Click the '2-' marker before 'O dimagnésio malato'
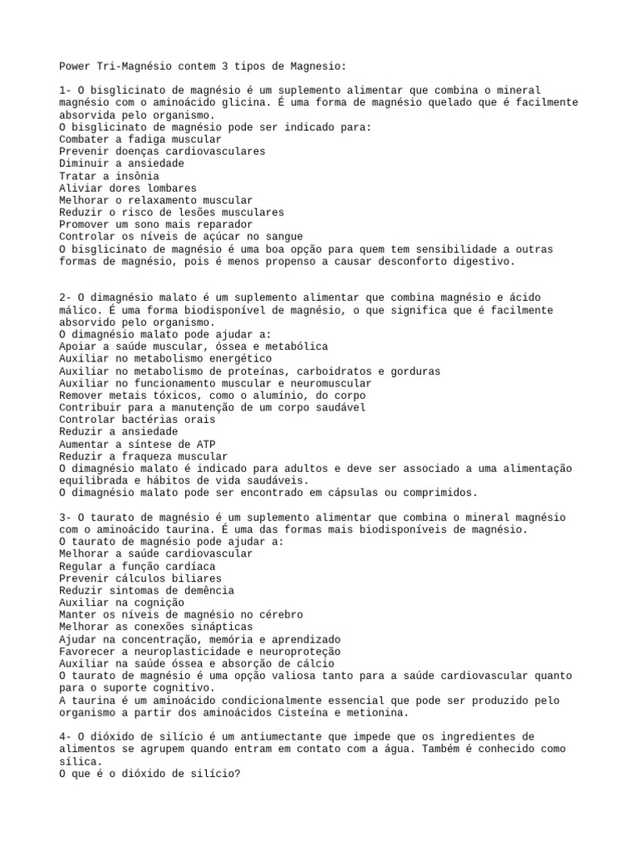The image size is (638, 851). [x=66, y=298]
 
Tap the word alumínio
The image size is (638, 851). [x=264, y=396]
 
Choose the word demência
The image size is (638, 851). [x=200, y=590]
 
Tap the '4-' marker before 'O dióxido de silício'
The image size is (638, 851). [x=66, y=736]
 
